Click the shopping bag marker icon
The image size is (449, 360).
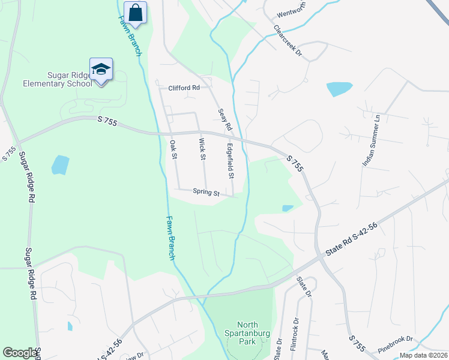tap(135, 12)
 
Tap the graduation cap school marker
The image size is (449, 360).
tap(101, 69)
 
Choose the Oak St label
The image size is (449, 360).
tap(174, 149)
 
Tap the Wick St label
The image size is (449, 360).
tap(202, 149)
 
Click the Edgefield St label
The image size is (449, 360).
tap(230, 160)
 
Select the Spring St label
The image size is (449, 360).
tap(206, 193)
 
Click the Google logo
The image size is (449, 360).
tap(20, 353)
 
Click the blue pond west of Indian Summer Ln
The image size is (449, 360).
tap(339, 89)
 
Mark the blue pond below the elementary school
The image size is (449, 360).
tap(60, 164)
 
